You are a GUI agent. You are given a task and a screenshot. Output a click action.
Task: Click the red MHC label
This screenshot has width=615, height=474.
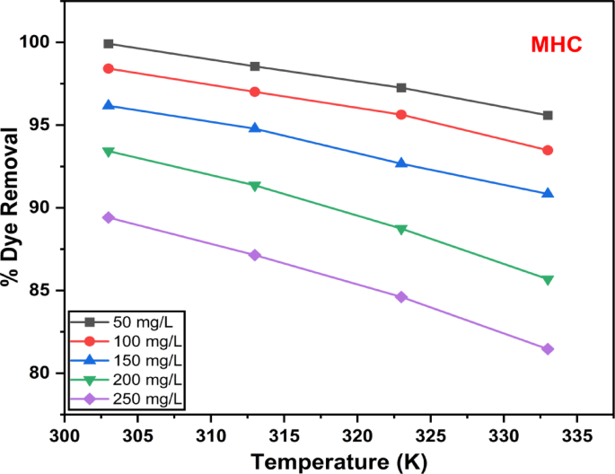[557, 45]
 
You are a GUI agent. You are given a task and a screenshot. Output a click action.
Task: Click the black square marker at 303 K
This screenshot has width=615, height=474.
[109, 43]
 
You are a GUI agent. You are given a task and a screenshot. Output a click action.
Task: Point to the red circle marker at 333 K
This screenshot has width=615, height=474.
[548, 150]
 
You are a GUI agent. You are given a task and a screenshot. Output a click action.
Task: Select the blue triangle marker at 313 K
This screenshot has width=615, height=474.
[255, 128]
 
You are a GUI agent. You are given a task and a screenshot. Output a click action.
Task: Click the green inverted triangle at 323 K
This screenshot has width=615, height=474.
[401, 229]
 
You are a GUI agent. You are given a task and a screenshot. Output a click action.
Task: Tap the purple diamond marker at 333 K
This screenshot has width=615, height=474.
[548, 348]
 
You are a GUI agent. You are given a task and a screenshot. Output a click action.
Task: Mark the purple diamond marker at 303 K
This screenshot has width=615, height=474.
[109, 217]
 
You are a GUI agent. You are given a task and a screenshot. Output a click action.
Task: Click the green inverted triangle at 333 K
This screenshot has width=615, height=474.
[548, 280]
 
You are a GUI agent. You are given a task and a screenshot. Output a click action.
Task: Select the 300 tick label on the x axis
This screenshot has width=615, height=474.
[65, 434]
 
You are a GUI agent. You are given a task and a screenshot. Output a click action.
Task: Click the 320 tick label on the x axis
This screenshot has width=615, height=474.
[357, 434]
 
